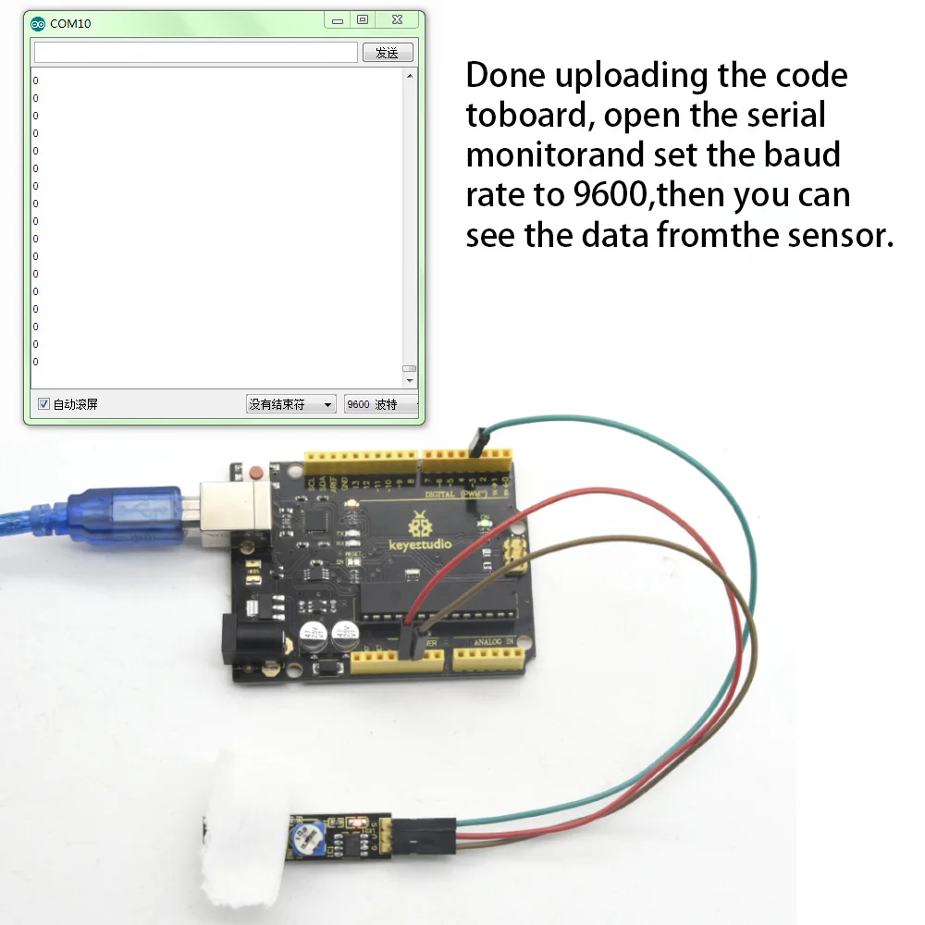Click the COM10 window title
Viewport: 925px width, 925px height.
[70, 23]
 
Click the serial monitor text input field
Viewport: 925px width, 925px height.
[195, 53]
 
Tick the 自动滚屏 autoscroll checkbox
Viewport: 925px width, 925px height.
[43, 404]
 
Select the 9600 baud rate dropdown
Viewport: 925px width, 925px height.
[379, 404]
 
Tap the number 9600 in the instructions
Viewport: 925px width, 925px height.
[606, 194]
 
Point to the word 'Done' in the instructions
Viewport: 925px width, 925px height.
[506, 75]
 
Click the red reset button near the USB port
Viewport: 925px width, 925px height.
[255, 475]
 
